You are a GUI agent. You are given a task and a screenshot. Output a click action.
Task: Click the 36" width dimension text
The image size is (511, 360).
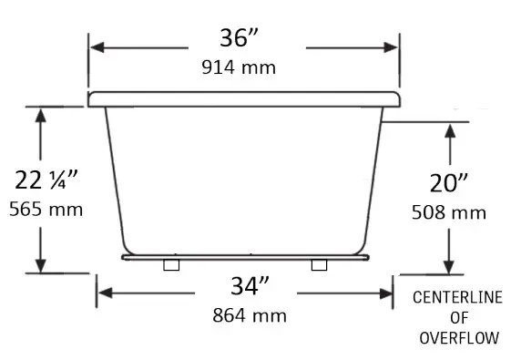coord(241,39)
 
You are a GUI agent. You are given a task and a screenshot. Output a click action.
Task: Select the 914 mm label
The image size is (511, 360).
coord(241,67)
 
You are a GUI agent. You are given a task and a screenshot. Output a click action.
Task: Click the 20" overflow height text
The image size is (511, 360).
coord(449,183)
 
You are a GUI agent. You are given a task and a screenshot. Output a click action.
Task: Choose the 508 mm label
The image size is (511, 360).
coord(449,213)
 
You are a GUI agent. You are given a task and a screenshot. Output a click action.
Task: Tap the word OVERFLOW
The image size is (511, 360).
coord(458,338)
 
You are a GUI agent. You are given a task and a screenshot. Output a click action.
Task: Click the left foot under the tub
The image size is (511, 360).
coord(170,264)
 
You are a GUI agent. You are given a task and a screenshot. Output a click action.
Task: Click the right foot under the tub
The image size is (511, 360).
coord(319,264)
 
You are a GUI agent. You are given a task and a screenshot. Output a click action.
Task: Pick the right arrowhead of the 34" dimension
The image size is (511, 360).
coord(388,293)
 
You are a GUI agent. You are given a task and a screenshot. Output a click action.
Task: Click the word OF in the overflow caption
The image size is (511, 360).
coord(458,318)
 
